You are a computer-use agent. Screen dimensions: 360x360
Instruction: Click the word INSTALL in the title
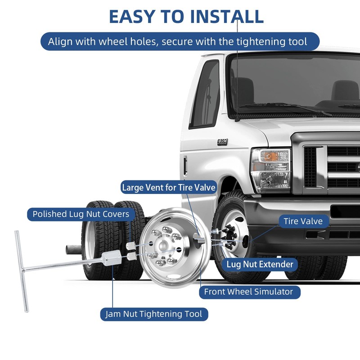point(227,17)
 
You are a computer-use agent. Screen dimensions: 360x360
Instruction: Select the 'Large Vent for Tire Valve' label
point(169,187)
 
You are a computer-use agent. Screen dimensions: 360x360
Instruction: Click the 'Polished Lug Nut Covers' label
point(81,214)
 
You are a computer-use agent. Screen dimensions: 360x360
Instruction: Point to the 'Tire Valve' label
point(303,221)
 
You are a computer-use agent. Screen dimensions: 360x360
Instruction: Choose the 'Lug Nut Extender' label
point(260,264)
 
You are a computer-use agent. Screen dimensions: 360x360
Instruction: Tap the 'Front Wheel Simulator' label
point(249,292)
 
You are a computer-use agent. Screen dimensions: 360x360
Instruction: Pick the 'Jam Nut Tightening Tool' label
point(154,314)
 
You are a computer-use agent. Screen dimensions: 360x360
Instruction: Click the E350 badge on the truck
point(222,142)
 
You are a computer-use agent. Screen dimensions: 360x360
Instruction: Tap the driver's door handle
point(185,166)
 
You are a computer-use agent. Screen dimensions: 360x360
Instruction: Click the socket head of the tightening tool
point(111,258)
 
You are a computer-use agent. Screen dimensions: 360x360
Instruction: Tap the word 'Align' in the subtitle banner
point(60,42)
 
